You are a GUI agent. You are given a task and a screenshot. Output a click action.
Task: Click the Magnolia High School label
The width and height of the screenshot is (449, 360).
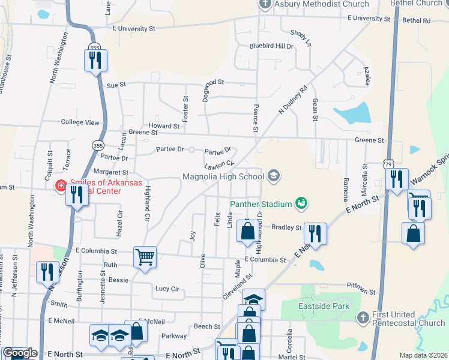coord(223,176)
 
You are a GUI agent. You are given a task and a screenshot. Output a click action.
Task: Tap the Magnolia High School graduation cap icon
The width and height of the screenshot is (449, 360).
coord(274,176)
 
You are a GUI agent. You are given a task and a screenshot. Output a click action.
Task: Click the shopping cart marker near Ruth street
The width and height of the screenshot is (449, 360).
coord(145,257)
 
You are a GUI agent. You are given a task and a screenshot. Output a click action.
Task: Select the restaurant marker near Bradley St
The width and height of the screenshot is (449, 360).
coord(315,233)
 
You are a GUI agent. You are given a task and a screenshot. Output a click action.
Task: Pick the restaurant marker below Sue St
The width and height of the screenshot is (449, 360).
coord(95,60)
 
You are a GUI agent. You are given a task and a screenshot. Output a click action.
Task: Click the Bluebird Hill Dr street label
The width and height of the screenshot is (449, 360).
coord(271,46)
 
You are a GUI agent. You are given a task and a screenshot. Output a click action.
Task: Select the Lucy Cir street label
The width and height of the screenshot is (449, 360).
coord(167,289)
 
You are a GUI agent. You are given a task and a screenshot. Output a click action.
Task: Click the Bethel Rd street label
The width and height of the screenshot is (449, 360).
coord(418,20)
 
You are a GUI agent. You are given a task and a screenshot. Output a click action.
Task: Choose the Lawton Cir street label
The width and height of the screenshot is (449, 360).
coord(218,164)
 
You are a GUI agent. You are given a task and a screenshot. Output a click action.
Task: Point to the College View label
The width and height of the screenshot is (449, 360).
coord(80,122)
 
